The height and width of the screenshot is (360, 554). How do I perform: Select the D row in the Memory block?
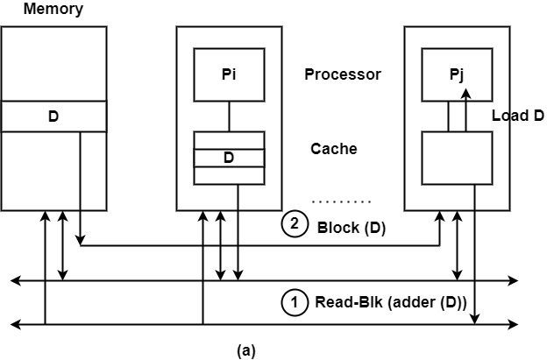click(x=53, y=116)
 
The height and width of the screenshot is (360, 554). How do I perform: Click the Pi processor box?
click(x=229, y=74)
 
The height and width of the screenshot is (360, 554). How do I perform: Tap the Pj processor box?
click(x=457, y=74)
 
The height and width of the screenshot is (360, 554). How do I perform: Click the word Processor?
click(x=343, y=74)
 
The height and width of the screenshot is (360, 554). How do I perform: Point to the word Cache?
click(x=334, y=149)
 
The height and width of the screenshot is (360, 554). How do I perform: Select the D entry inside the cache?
click(x=229, y=158)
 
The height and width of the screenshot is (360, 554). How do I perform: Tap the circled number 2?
click(x=295, y=225)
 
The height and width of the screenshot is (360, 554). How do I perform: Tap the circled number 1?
click(x=295, y=303)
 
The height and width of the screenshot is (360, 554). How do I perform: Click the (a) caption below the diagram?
click(x=246, y=350)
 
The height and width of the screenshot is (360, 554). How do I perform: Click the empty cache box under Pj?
click(x=457, y=158)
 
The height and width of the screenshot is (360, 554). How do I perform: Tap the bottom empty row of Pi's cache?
click(x=229, y=175)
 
